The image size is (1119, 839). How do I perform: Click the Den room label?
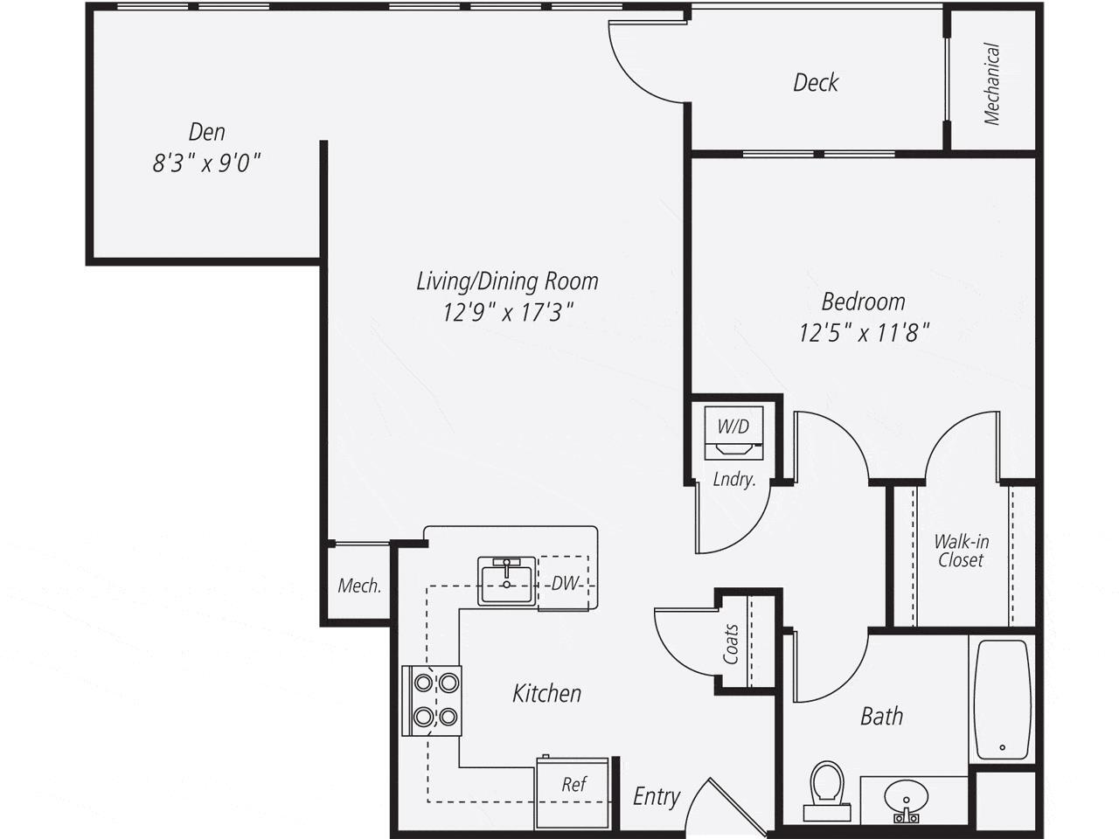tap(207, 132)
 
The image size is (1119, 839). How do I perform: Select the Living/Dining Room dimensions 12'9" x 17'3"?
tap(507, 312)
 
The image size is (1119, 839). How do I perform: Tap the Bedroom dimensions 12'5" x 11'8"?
tap(863, 333)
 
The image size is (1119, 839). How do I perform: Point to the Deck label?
tap(815, 83)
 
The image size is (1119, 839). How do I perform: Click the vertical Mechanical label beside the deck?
tap(991, 85)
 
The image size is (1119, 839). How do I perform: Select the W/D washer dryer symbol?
tap(734, 433)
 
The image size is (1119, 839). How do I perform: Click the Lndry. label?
tap(733, 479)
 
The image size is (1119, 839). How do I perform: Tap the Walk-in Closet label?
tap(961, 551)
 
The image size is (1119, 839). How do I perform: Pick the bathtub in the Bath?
tap(1002, 699)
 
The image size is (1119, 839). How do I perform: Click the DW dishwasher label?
tap(565, 583)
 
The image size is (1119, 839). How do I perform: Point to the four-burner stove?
tap(432, 700)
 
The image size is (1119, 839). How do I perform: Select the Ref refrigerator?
tap(573, 791)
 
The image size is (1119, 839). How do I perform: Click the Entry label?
tap(656, 797)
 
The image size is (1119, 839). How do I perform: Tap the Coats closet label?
tap(731, 643)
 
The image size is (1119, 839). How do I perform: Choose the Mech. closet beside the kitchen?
tap(359, 586)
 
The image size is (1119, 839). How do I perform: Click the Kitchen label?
tap(546, 694)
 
